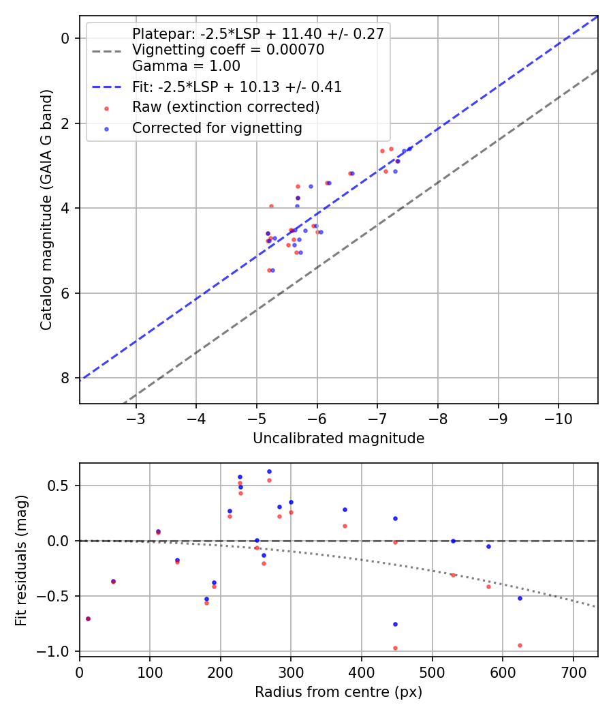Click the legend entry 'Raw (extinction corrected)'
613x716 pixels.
coord(225,107)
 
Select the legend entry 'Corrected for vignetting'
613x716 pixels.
coord(217,128)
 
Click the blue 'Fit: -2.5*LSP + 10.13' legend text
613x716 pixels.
coord(236,87)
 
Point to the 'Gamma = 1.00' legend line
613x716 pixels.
coord(186,66)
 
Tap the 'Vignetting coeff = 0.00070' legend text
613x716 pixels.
coord(228,50)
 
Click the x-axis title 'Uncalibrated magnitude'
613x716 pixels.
coord(339,438)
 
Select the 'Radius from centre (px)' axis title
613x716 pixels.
coord(339,692)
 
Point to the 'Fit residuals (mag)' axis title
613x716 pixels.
coord(20,560)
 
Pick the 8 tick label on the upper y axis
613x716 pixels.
coord(66,378)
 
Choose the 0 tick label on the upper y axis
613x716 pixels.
coord(66,38)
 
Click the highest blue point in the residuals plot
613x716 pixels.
coord(269,471)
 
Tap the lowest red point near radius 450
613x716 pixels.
coord(395,648)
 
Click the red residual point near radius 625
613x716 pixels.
coord(520,645)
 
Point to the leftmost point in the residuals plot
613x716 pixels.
coord(88,618)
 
